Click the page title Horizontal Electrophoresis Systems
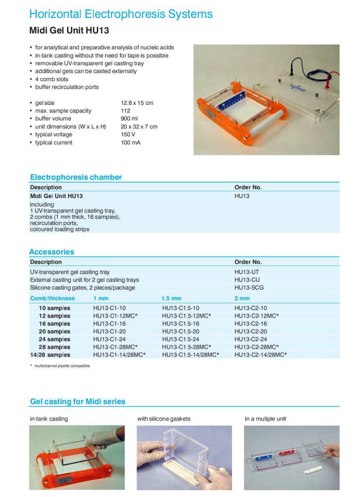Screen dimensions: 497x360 121,14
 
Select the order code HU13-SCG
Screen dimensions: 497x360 249,287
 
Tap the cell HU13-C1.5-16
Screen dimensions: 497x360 180,323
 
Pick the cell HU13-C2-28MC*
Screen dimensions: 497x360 256,347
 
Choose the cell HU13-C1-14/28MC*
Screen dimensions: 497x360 119,355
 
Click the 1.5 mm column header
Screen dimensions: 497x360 171,298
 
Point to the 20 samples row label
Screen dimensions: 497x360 54,331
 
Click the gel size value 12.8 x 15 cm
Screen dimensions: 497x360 137,103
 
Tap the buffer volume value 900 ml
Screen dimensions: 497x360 129,118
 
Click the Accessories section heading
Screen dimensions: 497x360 52,252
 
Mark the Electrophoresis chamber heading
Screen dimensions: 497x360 76,177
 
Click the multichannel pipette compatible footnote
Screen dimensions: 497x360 62,366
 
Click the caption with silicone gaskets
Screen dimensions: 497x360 164,419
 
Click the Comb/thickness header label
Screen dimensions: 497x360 52,298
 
